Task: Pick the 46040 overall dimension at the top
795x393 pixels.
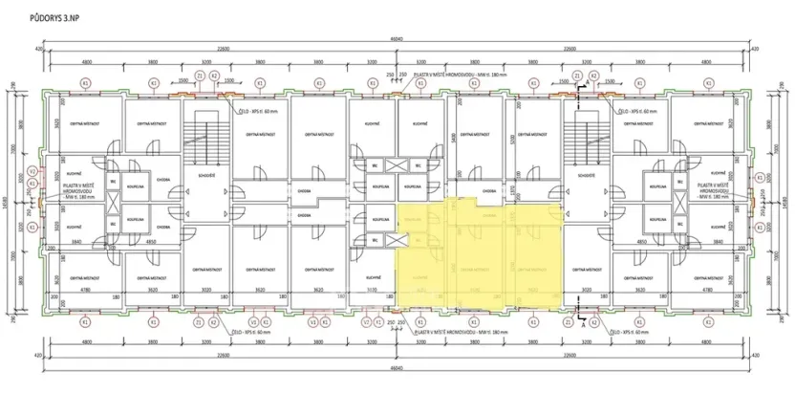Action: tap(397, 38)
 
